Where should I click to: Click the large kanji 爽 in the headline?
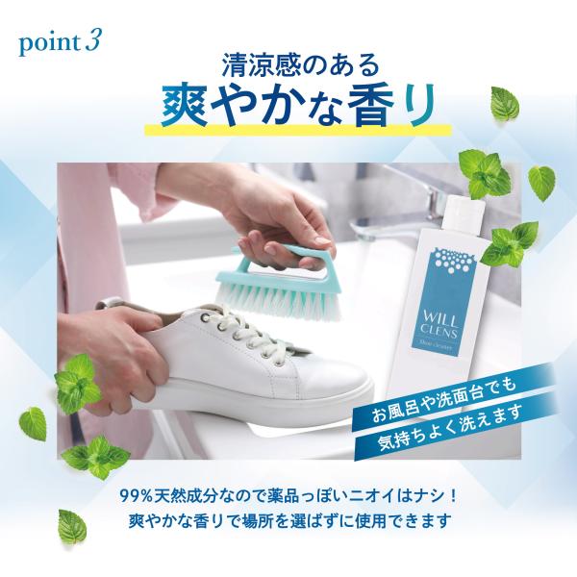(184, 106)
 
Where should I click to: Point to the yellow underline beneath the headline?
(298, 130)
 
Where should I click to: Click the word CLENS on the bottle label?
(439, 333)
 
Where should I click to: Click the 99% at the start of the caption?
(137, 496)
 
